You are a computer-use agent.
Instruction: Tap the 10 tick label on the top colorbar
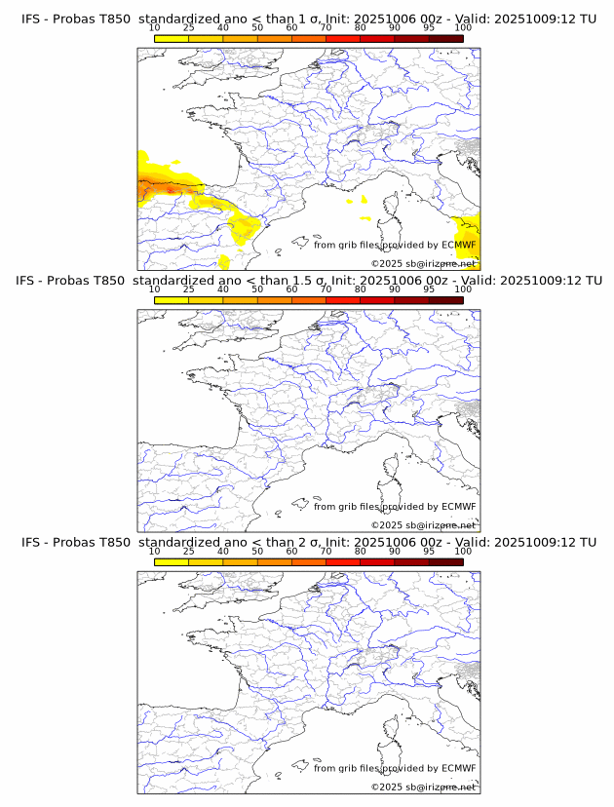(154, 27)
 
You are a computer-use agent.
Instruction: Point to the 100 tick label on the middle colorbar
(463, 288)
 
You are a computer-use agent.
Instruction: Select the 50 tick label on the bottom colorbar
(257, 551)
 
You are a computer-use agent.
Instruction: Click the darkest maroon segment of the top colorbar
(445, 38)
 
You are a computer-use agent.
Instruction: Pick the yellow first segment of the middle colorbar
(172, 300)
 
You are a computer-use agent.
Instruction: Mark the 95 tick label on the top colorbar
(429, 27)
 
